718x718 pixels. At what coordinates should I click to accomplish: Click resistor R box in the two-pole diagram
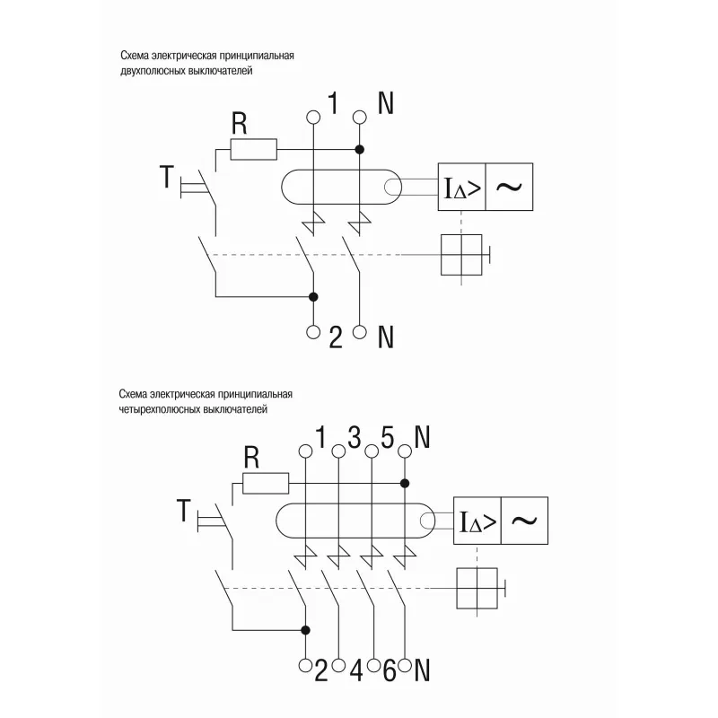click(253, 150)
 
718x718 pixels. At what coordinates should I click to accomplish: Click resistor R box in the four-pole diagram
click(266, 483)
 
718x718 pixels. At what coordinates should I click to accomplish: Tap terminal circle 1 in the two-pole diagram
click(313, 117)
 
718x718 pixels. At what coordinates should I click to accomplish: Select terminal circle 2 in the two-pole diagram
click(313, 332)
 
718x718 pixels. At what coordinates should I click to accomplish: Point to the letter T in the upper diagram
click(167, 177)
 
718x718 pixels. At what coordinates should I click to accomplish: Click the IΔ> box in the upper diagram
click(461, 187)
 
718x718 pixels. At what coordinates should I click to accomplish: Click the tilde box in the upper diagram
click(509, 187)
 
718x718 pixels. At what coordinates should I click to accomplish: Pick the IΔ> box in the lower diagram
click(477, 521)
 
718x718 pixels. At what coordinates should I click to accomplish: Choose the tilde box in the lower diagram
click(525, 521)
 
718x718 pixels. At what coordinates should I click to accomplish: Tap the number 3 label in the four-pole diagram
click(355, 437)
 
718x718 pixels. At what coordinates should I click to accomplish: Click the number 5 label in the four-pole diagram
click(388, 437)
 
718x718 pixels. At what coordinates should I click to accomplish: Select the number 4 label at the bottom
click(356, 670)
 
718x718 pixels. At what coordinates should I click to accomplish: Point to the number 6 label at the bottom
click(390, 670)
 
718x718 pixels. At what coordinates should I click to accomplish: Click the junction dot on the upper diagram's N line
click(360, 150)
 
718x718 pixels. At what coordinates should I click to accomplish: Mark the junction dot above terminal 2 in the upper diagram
click(313, 297)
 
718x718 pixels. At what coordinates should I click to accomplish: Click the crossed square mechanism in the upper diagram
click(461, 255)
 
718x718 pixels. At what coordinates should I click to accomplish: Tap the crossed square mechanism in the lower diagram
click(477, 589)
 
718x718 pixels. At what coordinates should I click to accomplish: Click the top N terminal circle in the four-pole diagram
click(405, 451)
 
